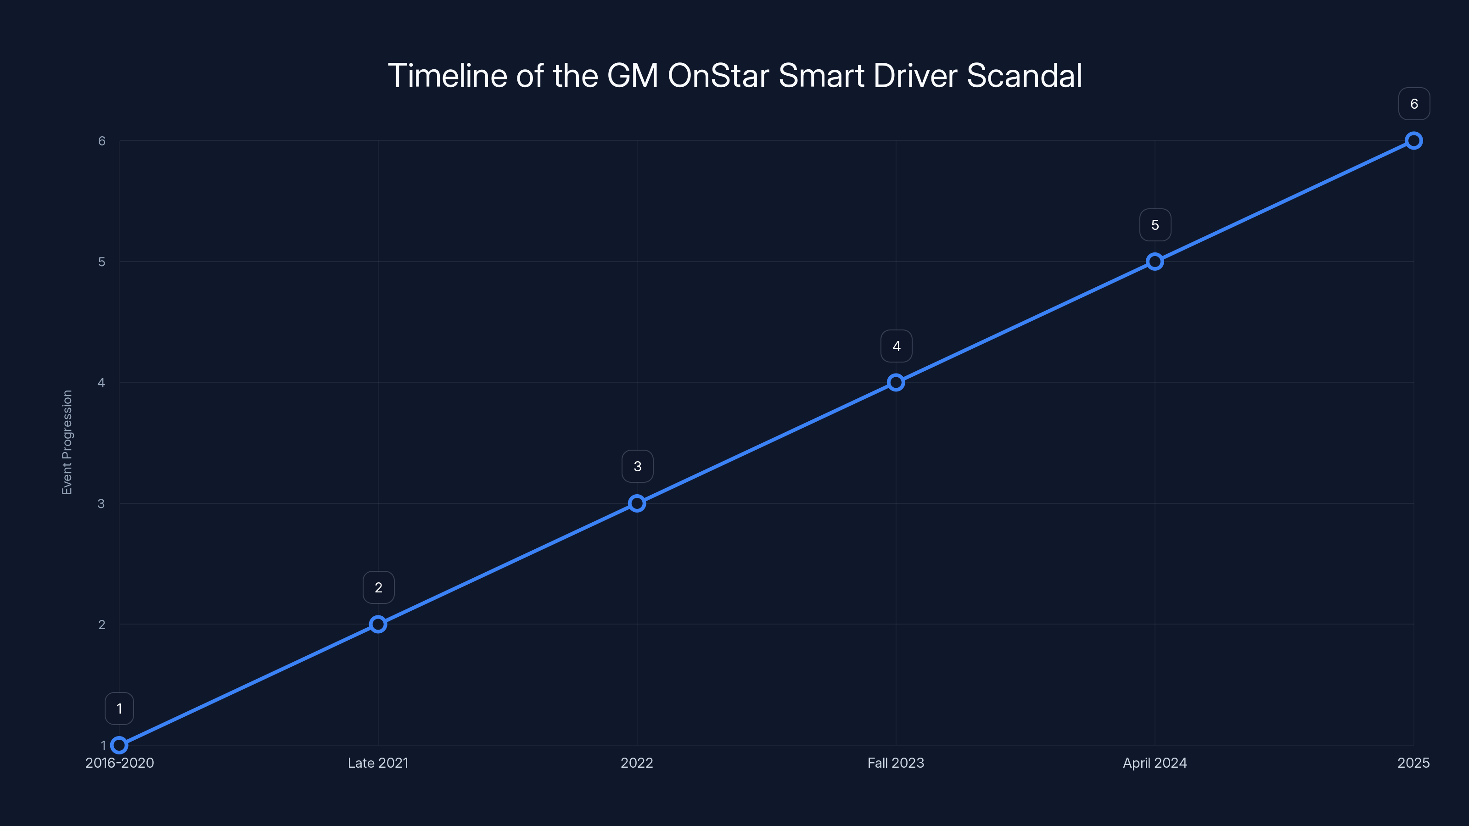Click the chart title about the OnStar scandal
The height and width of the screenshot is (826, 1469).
pyautogui.click(x=734, y=76)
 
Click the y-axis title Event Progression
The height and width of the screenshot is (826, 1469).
pyautogui.click(x=67, y=442)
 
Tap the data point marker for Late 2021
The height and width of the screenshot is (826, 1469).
pyautogui.click(x=378, y=624)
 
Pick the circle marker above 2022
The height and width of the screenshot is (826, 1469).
pyautogui.click(x=637, y=503)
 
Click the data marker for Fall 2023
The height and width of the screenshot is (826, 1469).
pyautogui.click(x=896, y=383)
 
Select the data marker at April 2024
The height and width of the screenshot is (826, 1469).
pyautogui.click(x=1155, y=262)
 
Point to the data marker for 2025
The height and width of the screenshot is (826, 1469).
pyautogui.click(x=1414, y=141)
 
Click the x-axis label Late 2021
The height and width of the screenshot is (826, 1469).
pyautogui.click(x=378, y=763)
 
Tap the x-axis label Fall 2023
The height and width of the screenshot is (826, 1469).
pyautogui.click(x=896, y=763)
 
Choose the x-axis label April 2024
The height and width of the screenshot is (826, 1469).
pyautogui.click(x=1155, y=763)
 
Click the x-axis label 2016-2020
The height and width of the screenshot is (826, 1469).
pyautogui.click(x=120, y=763)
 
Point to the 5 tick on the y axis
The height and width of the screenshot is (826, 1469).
pyautogui.click(x=101, y=262)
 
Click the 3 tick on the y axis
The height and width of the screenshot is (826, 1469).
pyautogui.click(x=101, y=503)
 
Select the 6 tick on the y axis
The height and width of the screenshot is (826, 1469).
pyautogui.click(x=101, y=141)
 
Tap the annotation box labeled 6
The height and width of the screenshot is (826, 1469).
pyautogui.click(x=1414, y=104)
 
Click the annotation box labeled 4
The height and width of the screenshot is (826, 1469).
pyautogui.click(x=896, y=346)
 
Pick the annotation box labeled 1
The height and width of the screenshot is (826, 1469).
pyautogui.click(x=119, y=709)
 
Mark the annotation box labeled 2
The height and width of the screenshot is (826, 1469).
pyautogui.click(x=378, y=588)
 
